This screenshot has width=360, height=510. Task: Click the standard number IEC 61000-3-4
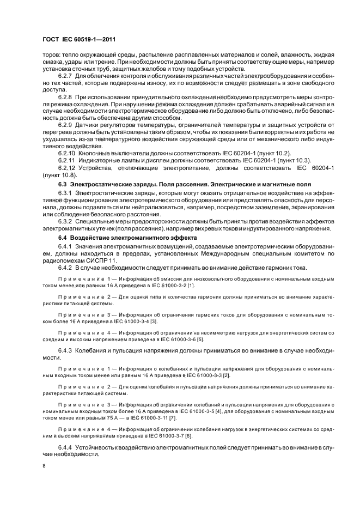point(120,322)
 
